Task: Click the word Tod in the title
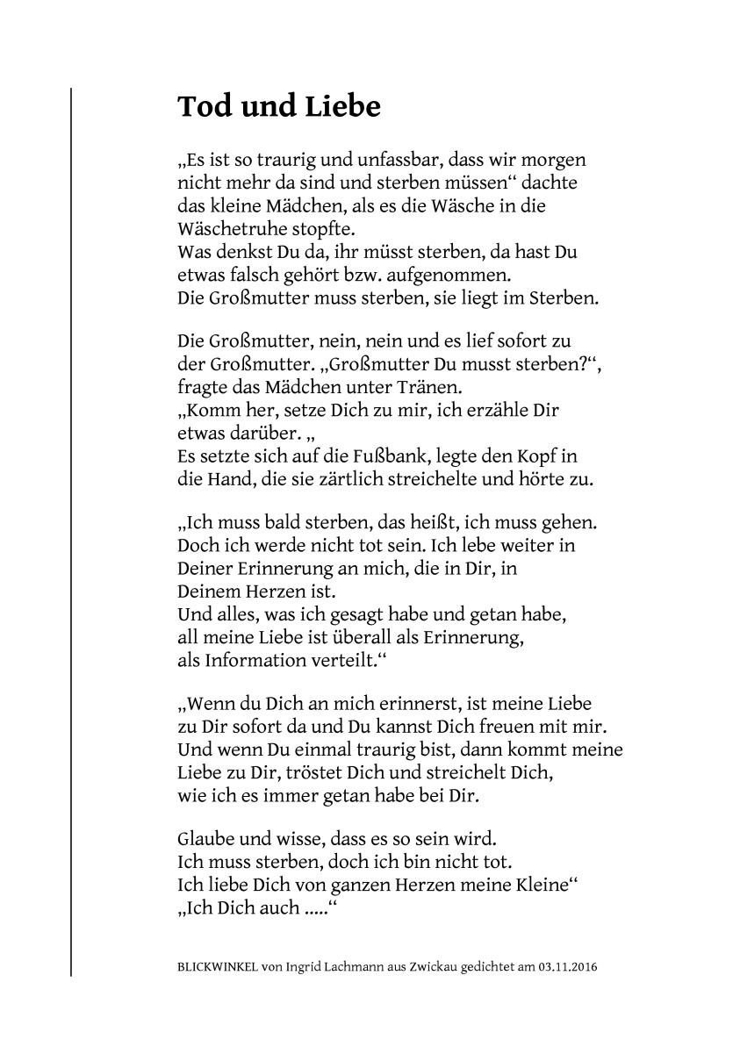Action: (203, 106)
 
